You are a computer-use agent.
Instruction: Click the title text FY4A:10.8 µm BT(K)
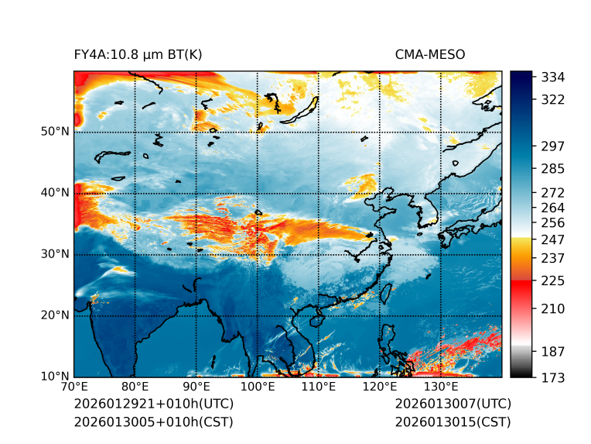pos(138,54)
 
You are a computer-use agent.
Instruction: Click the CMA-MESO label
pos(430,54)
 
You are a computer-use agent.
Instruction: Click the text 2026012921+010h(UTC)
pos(153,404)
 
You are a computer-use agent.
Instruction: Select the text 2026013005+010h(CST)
pos(153,422)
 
